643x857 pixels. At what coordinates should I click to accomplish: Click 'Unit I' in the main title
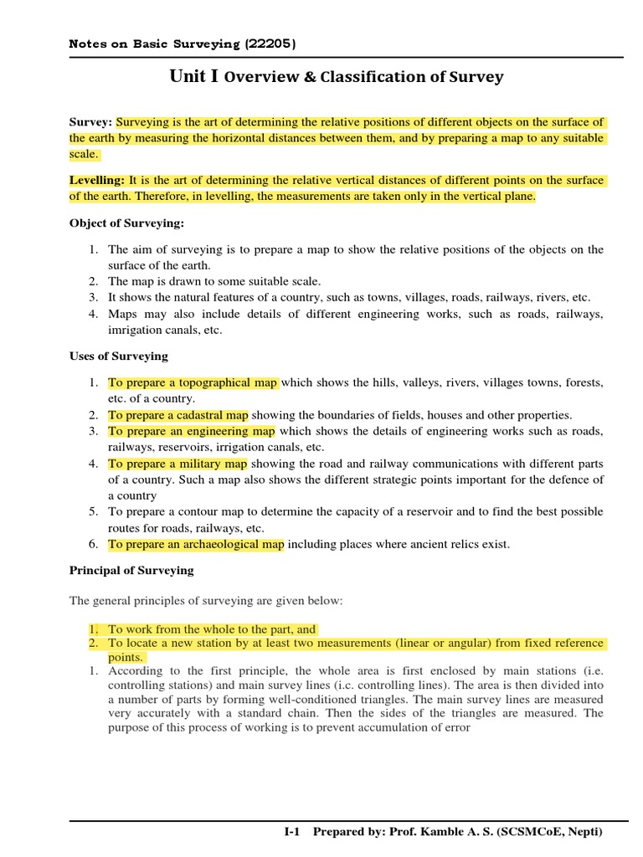pyautogui.click(x=194, y=77)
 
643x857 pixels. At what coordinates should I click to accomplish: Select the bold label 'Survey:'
pyautogui.click(x=90, y=122)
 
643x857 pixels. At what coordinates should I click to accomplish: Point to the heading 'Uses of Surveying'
pyautogui.click(x=118, y=356)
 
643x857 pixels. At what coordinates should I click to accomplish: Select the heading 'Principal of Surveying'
pyautogui.click(x=131, y=570)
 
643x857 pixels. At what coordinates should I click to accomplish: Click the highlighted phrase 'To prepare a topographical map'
pyautogui.click(x=193, y=382)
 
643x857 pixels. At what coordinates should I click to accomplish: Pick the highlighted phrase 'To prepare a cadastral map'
pyautogui.click(x=178, y=414)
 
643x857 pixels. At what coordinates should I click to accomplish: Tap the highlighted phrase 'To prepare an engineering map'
pyautogui.click(x=191, y=431)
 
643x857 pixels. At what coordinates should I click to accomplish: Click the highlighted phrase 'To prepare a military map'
pyautogui.click(x=177, y=464)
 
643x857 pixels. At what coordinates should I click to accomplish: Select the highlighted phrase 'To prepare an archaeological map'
pyautogui.click(x=196, y=544)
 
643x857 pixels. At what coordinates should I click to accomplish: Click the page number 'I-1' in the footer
pyautogui.click(x=292, y=832)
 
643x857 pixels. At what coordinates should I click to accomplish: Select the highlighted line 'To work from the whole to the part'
pyautogui.click(x=211, y=629)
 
